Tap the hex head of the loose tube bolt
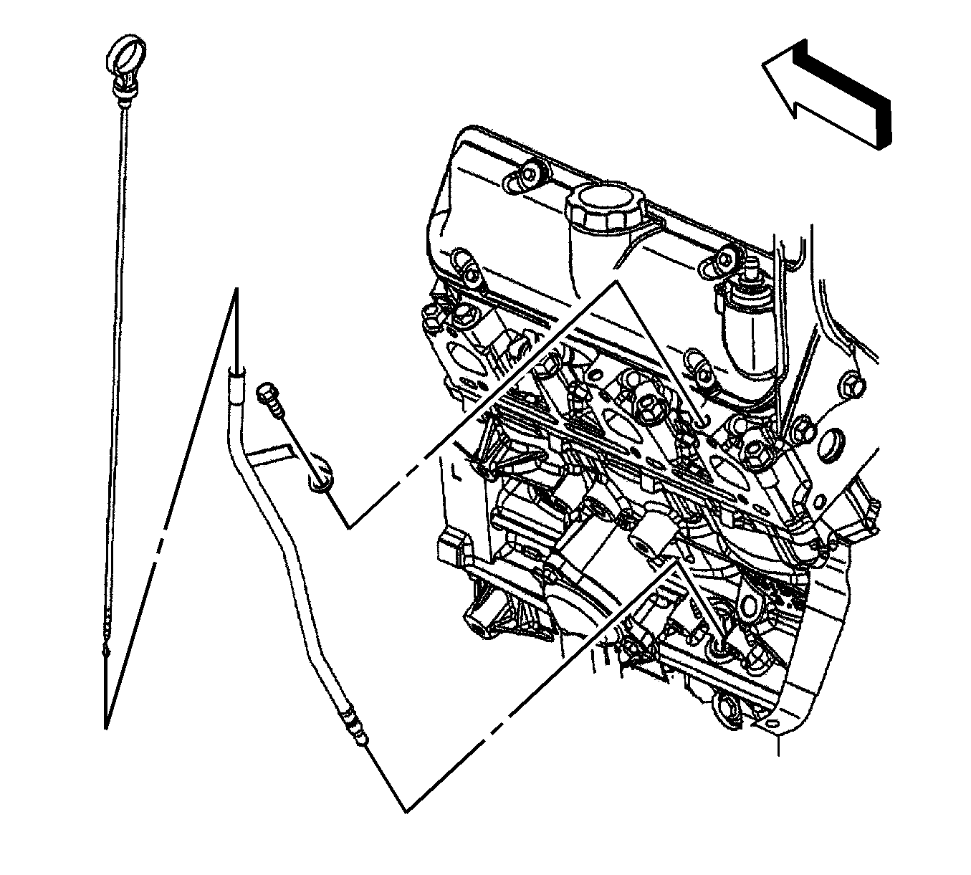[x=266, y=394]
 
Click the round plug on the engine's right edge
[x=833, y=444]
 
